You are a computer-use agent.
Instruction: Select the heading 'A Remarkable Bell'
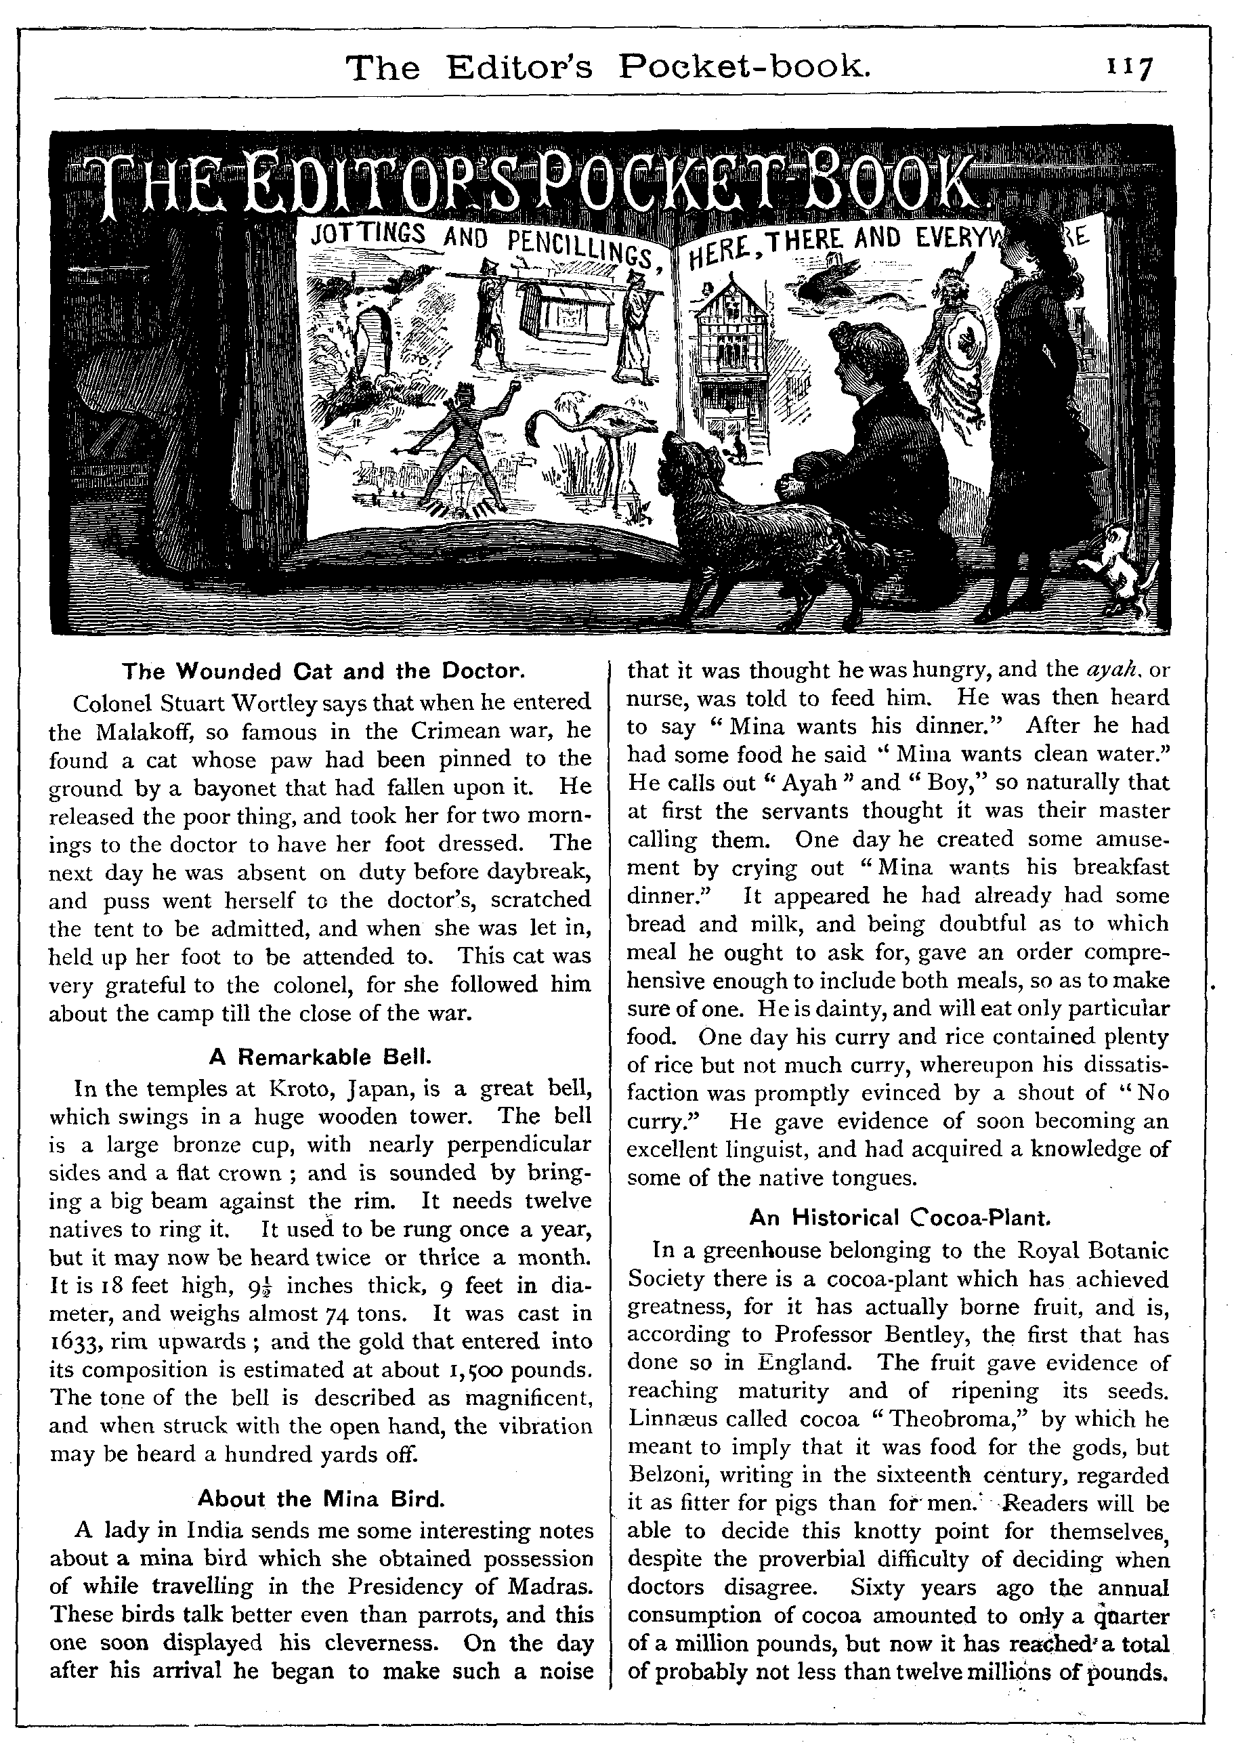[x=320, y=1057]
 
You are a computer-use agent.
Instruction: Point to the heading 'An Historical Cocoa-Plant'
[x=899, y=1217]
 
